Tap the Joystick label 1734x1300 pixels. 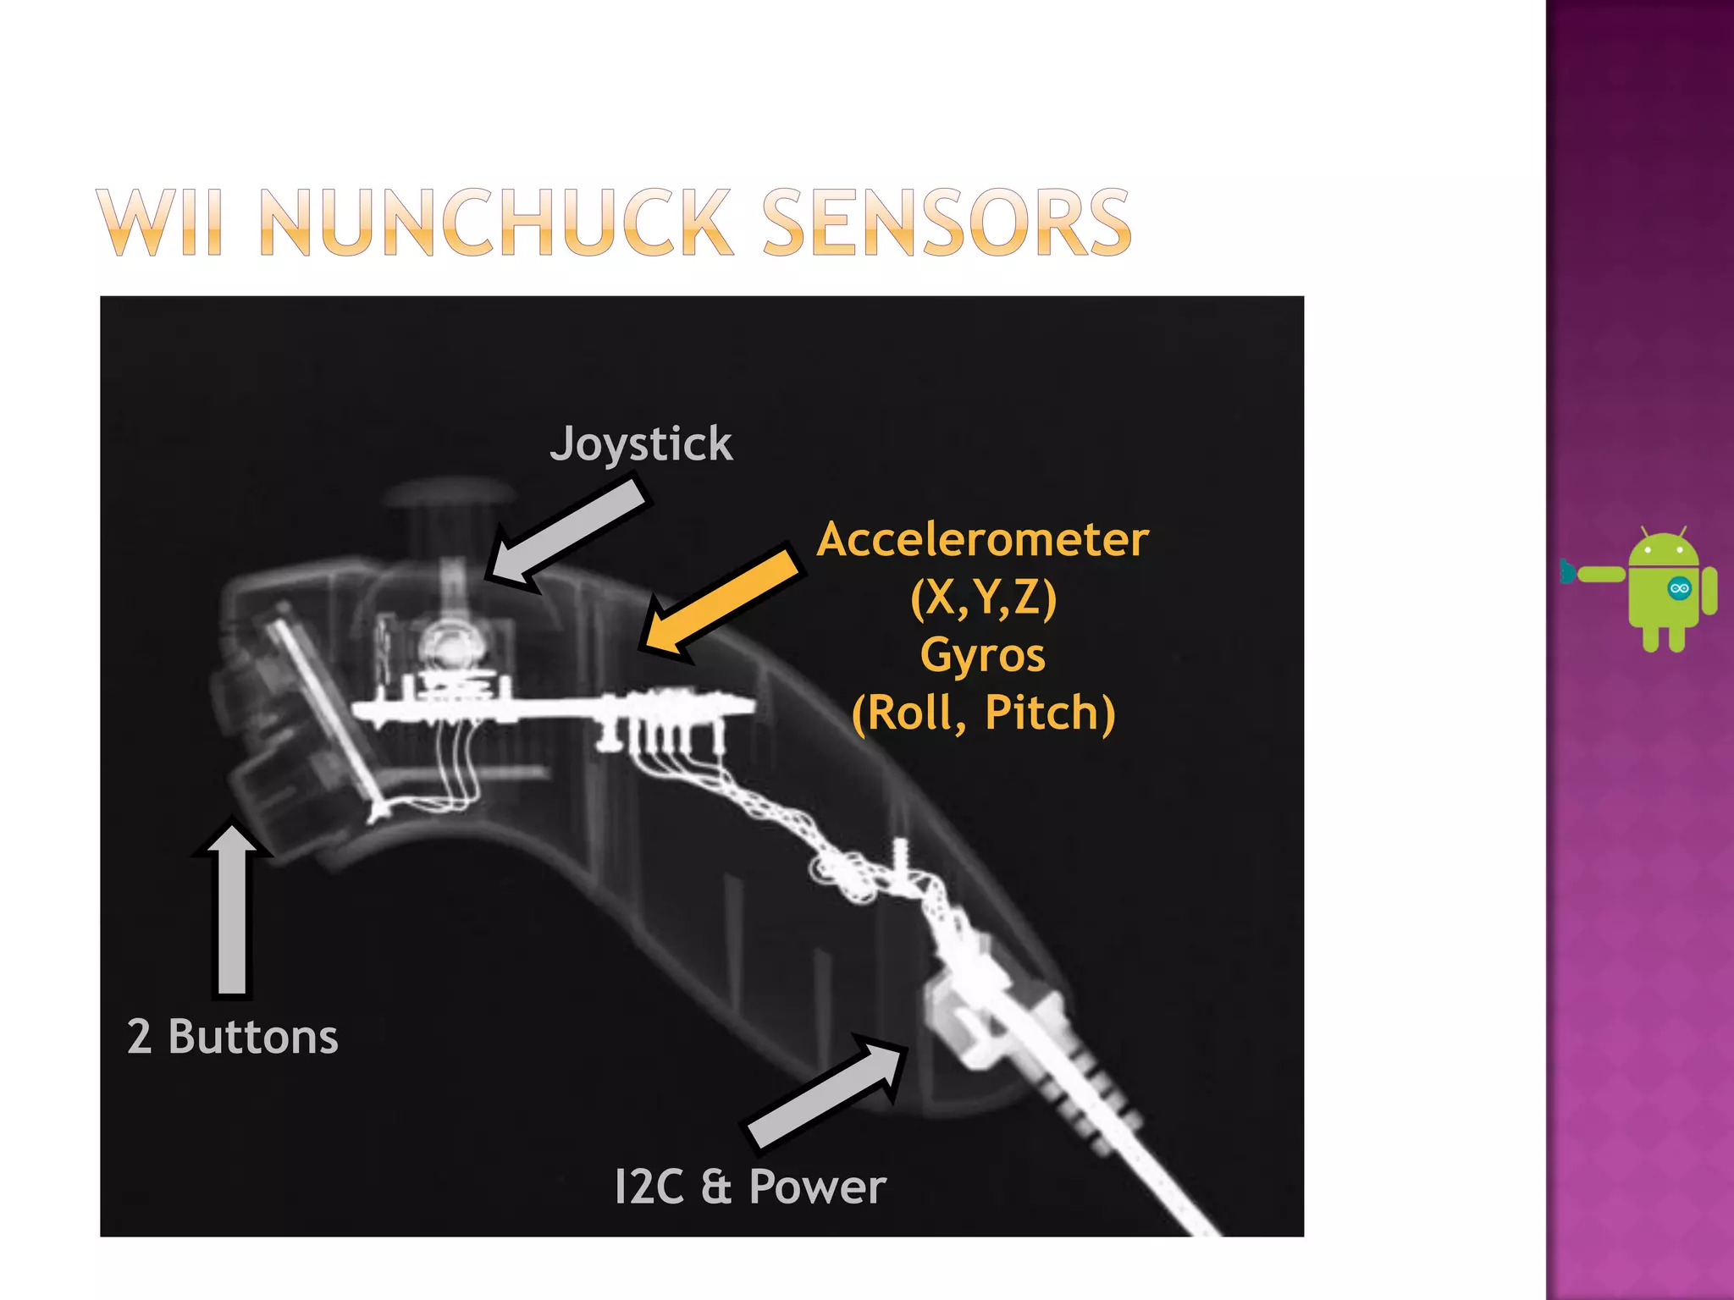tap(641, 444)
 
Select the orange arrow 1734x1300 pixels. tap(719, 602)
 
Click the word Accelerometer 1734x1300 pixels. tap(982, 540)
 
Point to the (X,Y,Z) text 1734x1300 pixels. tap(983, 598)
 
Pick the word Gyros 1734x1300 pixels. tap(982, 655)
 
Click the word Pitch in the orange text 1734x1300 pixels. tap(1050, 713)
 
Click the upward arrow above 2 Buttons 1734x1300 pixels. tap(232, 906)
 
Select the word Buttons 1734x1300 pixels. tap(253, 1037)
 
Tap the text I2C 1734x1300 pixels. tap(648, 1187)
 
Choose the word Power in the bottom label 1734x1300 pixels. tap(817, 1187)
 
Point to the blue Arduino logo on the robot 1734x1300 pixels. tap(1678, 589)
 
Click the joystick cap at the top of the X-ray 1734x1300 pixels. tap(449, 493)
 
